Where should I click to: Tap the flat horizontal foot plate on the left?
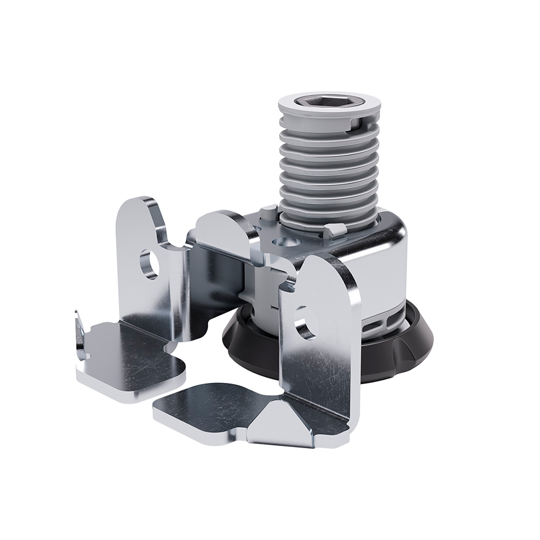[132, 359]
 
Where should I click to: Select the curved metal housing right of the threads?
[389, 259]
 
